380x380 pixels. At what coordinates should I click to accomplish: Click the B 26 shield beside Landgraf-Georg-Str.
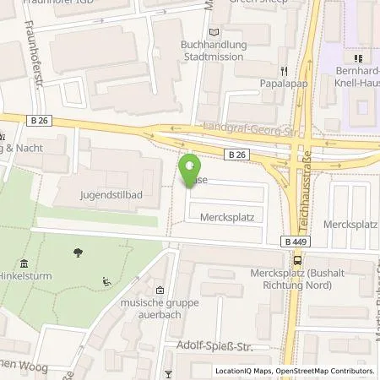tap(238, 155)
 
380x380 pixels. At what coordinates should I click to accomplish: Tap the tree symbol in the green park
tap(78, 252)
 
